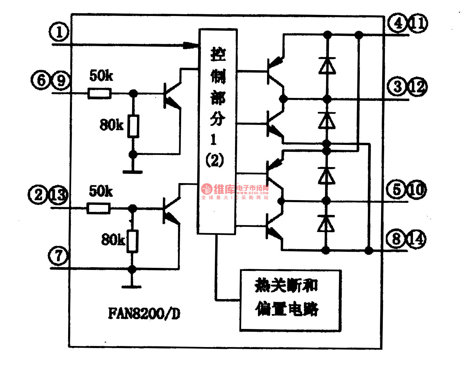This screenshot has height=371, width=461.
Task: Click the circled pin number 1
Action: coord(59,32)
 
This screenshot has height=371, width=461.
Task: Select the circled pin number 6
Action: coord(41,80)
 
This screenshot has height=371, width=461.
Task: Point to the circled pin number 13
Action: coord(58,194)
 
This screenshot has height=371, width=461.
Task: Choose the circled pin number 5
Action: coord(397,189)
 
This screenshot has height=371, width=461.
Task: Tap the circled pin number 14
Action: coord(416,239)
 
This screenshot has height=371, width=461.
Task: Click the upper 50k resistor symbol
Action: coord(99,93)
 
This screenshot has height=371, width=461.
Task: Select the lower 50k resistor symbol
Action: coord(98,208)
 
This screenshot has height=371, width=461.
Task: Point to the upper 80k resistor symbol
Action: coord(133,126)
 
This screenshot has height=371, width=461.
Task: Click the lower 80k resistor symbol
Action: coord(132,241)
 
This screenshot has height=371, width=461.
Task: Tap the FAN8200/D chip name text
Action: coord(144,313)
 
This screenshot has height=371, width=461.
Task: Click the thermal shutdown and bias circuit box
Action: coord(290,300)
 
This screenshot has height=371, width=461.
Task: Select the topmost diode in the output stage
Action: coord(327,66)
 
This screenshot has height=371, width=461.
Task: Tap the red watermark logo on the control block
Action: coord(207,189)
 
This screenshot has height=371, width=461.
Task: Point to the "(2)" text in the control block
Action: coord(215,160)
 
